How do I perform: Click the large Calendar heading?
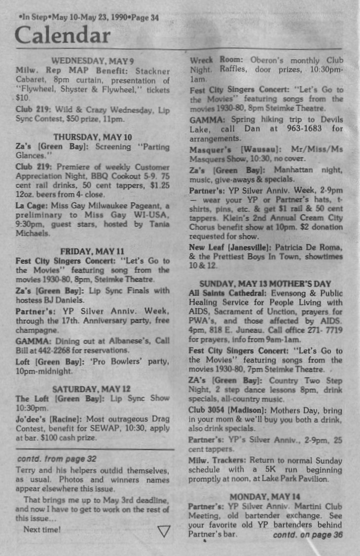coord(62,35)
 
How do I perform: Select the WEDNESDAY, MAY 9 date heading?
coord(92,61)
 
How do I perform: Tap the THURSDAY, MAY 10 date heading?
coord(92,137)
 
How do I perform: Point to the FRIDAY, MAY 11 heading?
coord(92,251)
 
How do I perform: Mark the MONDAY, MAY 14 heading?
coord(265,496)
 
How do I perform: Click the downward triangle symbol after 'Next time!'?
coord(164,531)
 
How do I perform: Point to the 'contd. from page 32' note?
coord(56,459)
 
